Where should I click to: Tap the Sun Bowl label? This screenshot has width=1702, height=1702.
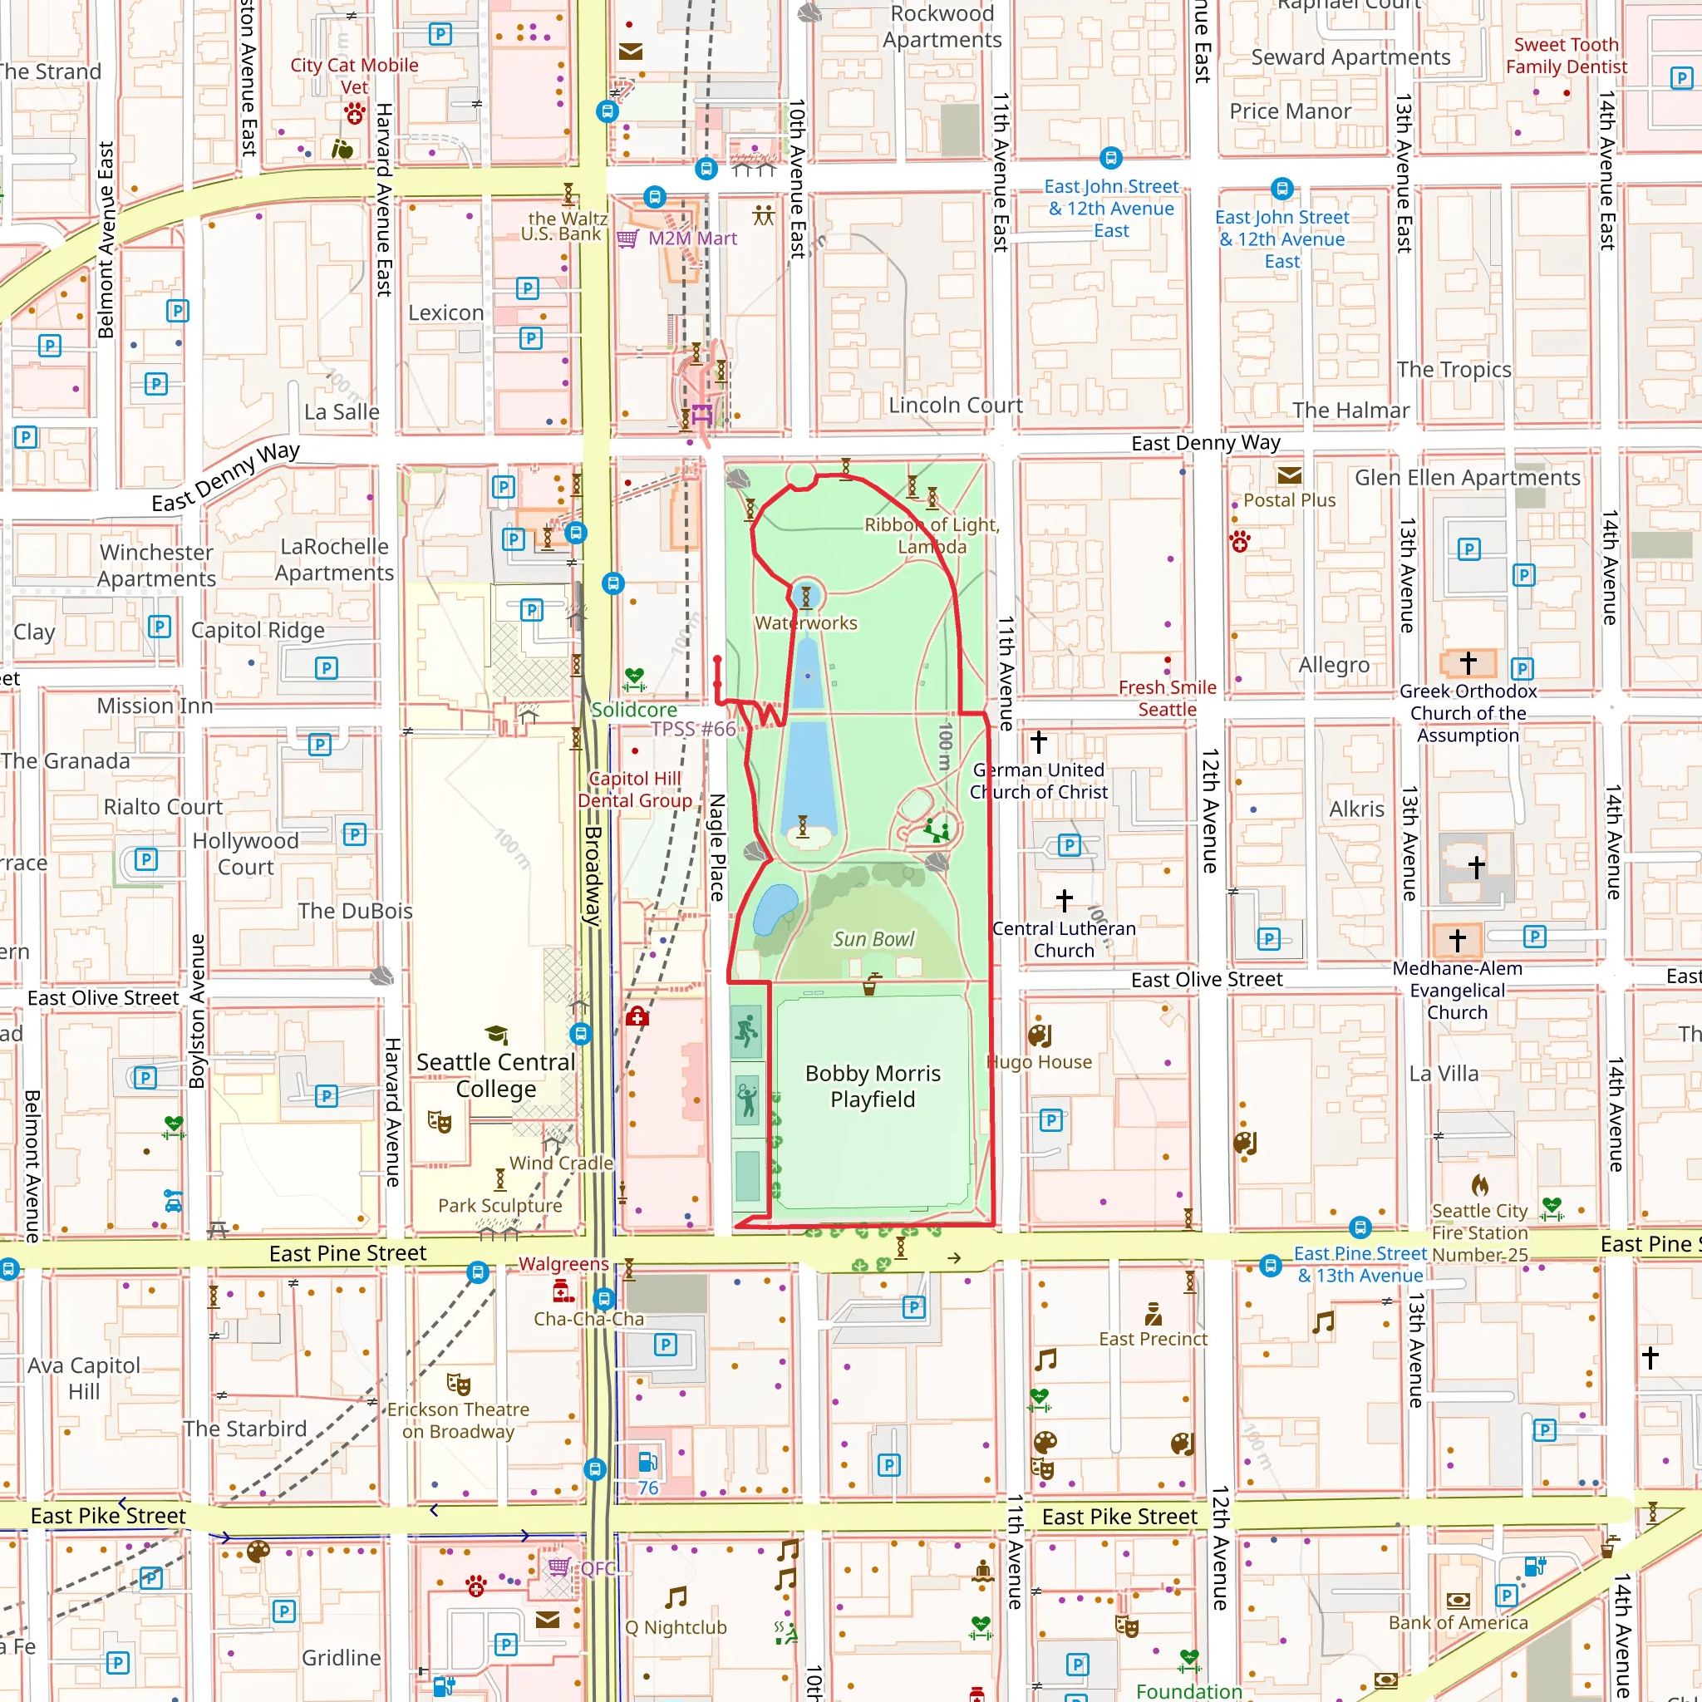[873, 939]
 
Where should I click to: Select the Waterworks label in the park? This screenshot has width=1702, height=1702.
[805, 622]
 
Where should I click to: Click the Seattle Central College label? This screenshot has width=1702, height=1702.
[495, 1075]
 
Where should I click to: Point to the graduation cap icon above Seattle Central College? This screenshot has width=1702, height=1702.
[496, 1034]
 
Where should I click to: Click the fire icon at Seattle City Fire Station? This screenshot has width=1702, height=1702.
[1479, 1185]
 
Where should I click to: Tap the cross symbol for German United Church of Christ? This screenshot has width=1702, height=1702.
[1039, 742]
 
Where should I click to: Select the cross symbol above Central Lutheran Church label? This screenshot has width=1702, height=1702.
[1065, 899]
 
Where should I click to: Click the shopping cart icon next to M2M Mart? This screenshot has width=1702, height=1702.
[627, 239]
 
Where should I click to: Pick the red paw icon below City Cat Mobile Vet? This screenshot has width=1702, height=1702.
[355, 113]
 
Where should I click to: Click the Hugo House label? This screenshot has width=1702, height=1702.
[1039, 1061]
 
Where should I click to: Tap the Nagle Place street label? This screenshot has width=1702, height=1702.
[717, 847]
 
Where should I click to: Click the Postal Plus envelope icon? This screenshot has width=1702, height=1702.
[1289, 475]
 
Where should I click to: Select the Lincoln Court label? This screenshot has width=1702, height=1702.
[955, 406]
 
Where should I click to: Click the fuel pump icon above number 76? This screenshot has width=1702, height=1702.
[647, 1462]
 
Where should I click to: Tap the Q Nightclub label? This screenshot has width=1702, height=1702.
[676, 1627]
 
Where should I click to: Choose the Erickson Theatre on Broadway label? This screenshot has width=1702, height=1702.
[458, 1420]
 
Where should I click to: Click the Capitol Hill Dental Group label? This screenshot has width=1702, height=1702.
[634, 790]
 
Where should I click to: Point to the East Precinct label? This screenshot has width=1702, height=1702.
[1153, 1339]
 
